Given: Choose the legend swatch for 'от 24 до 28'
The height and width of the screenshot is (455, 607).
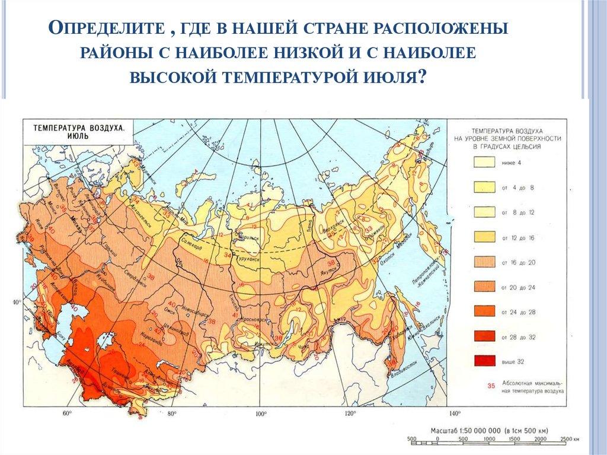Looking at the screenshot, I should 485,311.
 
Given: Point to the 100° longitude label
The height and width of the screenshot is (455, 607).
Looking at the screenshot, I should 259,413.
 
